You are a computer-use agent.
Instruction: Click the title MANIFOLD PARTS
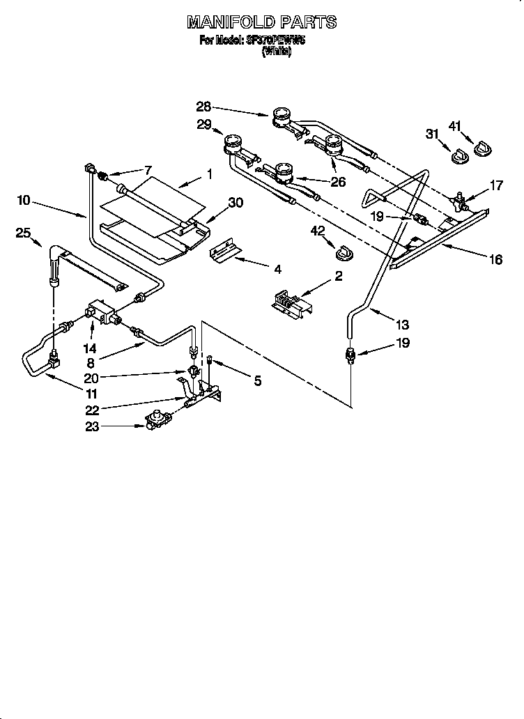[x=261, y=22]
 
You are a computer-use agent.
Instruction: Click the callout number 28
[x=203, y=107]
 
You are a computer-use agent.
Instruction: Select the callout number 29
[x=203, y=125]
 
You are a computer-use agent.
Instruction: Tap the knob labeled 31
[x=458, y=157]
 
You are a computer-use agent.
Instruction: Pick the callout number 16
[x=495, y=259]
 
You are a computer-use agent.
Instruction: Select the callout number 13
[x=401, y=324]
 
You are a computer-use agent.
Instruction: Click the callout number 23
[x=92, y=427]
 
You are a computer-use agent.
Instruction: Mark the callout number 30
[x=236, y=202]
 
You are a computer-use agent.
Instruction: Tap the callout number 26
[x=339, y=183]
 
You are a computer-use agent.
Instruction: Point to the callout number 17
[x=496, y=185]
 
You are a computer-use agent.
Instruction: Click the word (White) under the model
[x=276, y=52]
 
